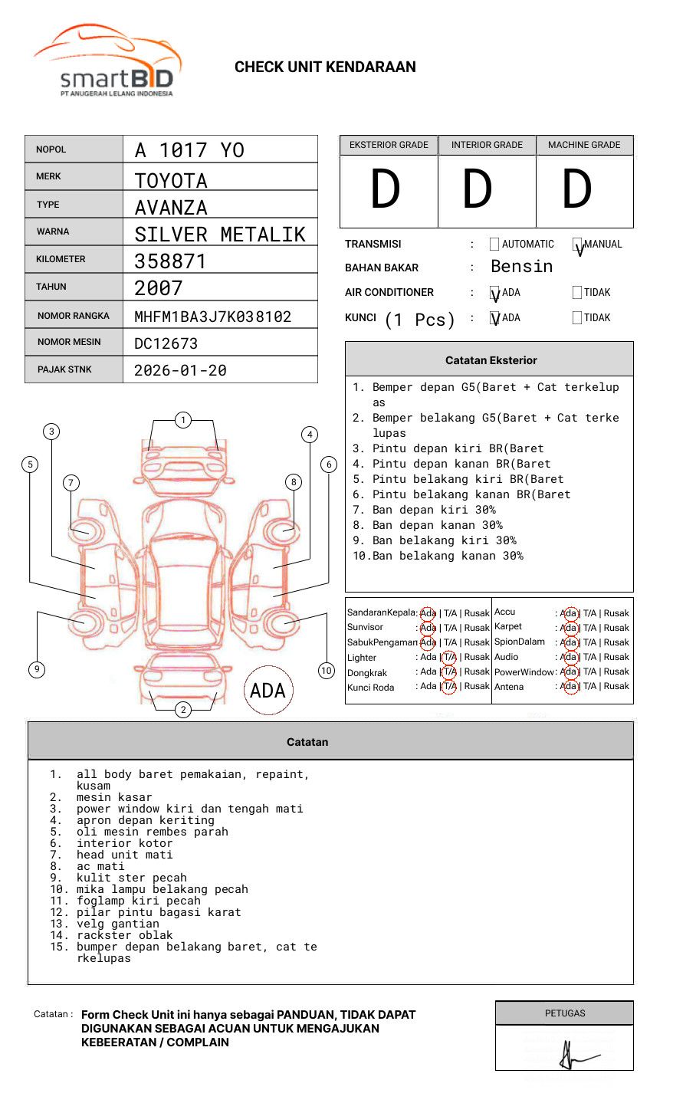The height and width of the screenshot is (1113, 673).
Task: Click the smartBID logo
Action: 107,61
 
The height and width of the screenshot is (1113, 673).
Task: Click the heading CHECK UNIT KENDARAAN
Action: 325,67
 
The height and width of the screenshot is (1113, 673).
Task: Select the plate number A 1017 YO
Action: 189,150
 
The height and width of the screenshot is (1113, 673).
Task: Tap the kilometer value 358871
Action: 170,261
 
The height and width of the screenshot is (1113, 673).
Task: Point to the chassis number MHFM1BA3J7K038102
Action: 212,317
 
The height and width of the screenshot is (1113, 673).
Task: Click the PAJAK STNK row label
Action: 64,369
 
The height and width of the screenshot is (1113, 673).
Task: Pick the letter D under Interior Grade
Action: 477,190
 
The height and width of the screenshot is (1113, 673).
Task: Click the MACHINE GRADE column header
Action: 584,145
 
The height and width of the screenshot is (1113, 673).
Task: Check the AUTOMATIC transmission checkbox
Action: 494,244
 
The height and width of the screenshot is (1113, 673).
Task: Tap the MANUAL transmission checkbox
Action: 577,245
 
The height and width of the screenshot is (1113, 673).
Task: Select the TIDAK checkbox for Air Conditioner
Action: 577,292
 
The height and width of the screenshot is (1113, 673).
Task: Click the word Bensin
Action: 521,267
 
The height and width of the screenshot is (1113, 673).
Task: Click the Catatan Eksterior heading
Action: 491,360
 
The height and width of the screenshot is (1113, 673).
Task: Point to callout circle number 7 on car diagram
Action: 71,482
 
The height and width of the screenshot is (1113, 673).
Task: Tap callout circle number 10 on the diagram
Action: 327,671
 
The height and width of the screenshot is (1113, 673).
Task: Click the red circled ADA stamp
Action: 268,691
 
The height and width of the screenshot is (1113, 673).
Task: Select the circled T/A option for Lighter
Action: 450,657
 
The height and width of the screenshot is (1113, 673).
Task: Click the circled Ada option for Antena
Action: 569,687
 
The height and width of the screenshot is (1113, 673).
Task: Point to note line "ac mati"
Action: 100,866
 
